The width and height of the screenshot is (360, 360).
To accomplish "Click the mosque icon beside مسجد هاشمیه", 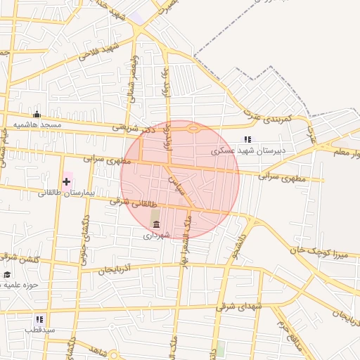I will pyautogui.click(x=37, y=115).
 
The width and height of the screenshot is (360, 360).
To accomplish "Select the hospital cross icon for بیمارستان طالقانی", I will pyautogui.click(x=67, y=182).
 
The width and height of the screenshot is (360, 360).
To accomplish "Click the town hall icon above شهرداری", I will pyautogui.click(x=156, y=224).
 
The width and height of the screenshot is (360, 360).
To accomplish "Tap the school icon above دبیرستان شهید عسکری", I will pyautogui.click(x=247, y=139).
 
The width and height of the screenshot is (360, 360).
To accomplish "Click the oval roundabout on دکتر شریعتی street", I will pyautogui.click(x=192, y=129).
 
